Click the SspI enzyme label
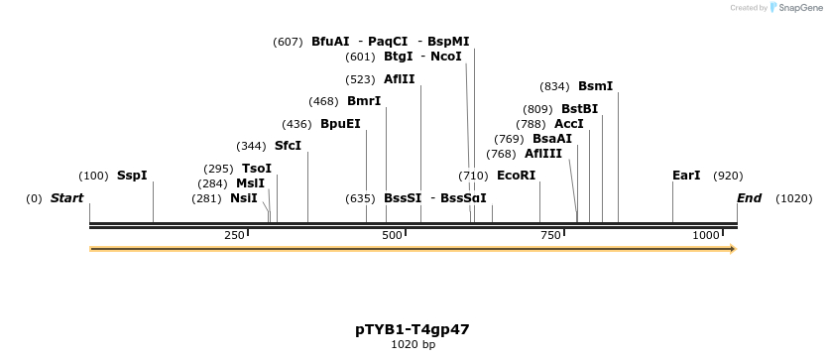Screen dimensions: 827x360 (x=132, y=176)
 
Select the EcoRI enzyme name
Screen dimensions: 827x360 (x=516, y=176)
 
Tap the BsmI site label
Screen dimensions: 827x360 (x=596, y=86)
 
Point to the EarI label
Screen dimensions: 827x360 (x=686, y=176)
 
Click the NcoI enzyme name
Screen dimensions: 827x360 (x=445, y=57)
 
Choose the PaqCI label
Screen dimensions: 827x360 (x=388, y=42)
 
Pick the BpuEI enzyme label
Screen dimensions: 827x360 (x=340, y=124)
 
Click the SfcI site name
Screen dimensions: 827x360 (x=288, y=146)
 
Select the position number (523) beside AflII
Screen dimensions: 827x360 (x=360, y=79)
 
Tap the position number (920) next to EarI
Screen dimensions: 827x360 (x=728, y=177)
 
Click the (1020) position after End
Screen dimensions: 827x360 (x=793, y=199)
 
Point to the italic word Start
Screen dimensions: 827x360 (x=67, y=198)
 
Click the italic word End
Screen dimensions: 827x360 (x=750, y=198)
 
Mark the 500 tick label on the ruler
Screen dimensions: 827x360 (x=392, y=235)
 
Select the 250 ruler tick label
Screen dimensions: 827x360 (x=234, y=235)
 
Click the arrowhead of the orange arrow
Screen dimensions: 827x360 (x=734, y=249)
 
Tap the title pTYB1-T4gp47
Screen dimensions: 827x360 (x=413, y=330)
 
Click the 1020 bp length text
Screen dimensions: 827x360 (x=413, y=345)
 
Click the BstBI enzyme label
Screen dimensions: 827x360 (x=580, y=109)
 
